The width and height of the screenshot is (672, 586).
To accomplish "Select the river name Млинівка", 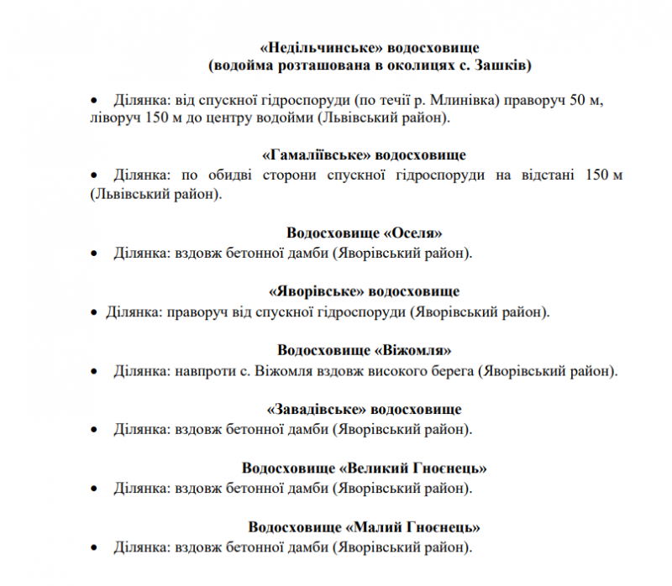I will (x=472, y=101).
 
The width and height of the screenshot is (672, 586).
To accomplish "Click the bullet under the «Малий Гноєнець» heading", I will (x=94, y=547).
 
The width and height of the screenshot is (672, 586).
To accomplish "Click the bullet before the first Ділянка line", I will (x=94, y=101).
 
